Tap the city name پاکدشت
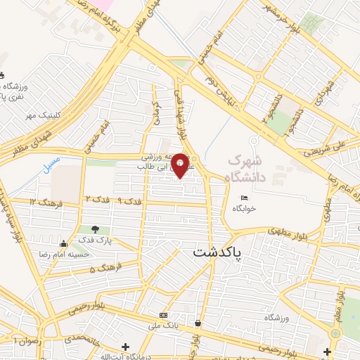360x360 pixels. tap(217, 251)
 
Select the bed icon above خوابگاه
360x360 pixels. tap(243, 198)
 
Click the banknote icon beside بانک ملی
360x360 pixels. tap(164, 315)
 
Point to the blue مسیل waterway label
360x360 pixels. tap(50, 161)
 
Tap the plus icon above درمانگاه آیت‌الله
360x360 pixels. tap(125, 346)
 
